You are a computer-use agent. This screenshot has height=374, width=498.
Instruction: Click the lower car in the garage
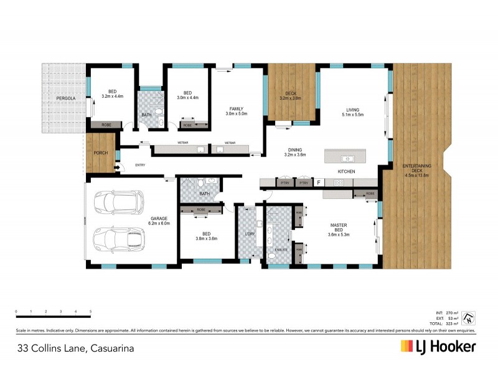118,239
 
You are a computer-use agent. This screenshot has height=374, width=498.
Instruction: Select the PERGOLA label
65,98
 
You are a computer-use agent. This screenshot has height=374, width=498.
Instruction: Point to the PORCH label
101,153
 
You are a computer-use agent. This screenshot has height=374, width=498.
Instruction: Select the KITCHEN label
346,171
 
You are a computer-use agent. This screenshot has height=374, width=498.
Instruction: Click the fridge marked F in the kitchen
318,183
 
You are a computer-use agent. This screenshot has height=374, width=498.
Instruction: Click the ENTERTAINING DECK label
417,170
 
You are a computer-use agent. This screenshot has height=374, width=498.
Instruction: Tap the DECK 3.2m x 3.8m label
290,95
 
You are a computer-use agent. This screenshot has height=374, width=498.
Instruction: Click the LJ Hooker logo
438,347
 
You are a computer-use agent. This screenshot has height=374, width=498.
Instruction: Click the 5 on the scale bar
91,310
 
